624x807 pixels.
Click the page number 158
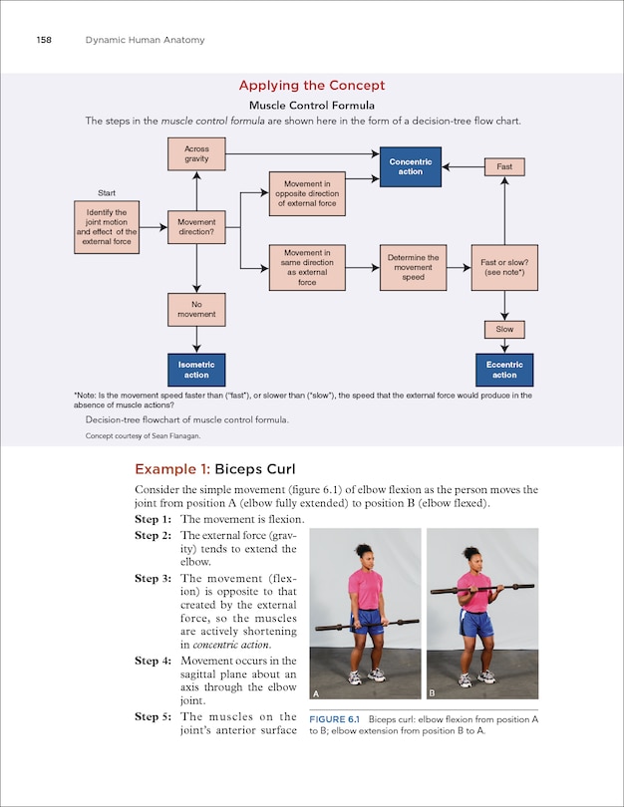[x=43, y=39]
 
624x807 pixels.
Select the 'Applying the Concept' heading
[x=311, y=86]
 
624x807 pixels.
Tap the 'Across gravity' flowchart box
[x=196, y=154]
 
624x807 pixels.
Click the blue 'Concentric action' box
[x=410, y=166]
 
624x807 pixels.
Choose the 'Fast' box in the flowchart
[x=504, y=166]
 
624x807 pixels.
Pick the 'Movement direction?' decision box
[x=196, y=227]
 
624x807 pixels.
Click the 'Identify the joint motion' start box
[x=107, y=227]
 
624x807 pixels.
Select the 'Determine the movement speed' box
[x=413, y=268]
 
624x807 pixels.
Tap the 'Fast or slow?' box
[x=504, y=268]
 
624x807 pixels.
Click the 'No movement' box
[x=196, y=309]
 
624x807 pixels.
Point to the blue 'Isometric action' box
[x=196, y=370]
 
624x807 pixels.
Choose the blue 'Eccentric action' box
[x=504, y=370]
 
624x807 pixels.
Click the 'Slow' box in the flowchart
[x=504, y=329]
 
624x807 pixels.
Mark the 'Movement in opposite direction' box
[x=307, y=193]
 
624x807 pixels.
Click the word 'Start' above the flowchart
[x=107, y=192]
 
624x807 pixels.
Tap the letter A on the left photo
[x=317, y=692]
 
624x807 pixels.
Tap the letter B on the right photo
[x=433, y=692]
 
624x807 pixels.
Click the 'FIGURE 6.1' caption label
[x=334, y=718]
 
